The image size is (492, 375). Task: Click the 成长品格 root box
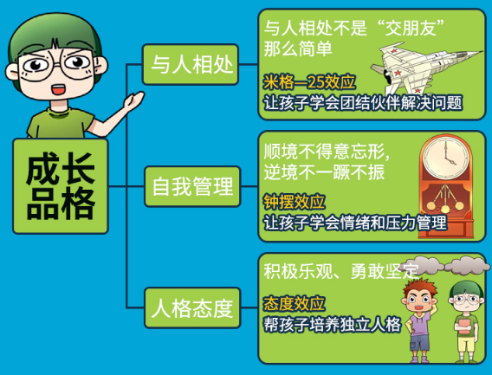[x=61, y=186]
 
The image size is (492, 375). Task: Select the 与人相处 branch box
[x=191, y=64]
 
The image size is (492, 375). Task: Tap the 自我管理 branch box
[x=192, y=186]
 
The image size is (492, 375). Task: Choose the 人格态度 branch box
[x=192, y=307]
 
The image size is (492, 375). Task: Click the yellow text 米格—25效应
[x=309, y=82]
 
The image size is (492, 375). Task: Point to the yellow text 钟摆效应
[x=294, y=202]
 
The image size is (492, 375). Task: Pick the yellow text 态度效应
[x=294, y=303]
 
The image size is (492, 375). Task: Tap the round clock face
[x=445, y=157]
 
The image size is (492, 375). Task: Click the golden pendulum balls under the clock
[x=445, y=205]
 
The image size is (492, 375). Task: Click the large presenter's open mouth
[x=58, y=89]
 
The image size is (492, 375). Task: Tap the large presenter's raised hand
[x=133, y=100]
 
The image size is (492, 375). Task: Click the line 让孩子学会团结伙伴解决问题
[x=363, y=103]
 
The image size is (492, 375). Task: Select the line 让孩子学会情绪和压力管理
[x=355, y=223]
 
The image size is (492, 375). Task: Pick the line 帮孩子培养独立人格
[x=333, y=324]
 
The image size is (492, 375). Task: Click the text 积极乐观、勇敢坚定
[x=341, y=271]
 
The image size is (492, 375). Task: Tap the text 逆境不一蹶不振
[x=324, y=172]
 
